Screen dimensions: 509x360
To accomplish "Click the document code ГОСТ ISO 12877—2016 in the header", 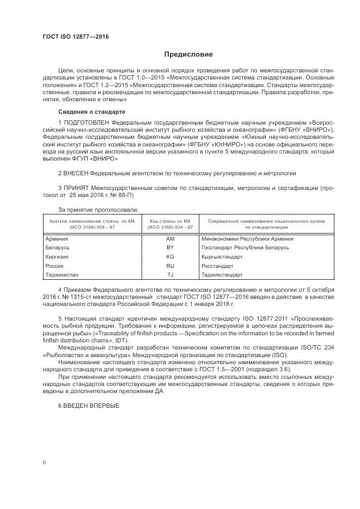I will click(x=76, y=36).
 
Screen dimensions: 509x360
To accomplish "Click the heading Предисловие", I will click(x=188, y=54).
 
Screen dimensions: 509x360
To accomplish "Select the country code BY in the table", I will click(x=170, y=248).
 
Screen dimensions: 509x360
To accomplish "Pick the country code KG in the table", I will click(x=170, y=256).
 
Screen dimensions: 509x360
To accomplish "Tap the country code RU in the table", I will click(x=170, y=266).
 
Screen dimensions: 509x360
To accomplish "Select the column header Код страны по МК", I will click(x=170, y=222).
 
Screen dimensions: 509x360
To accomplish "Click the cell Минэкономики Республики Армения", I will click(x=247, y=238).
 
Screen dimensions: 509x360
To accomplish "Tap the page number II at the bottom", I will click(x=44, y=462).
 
